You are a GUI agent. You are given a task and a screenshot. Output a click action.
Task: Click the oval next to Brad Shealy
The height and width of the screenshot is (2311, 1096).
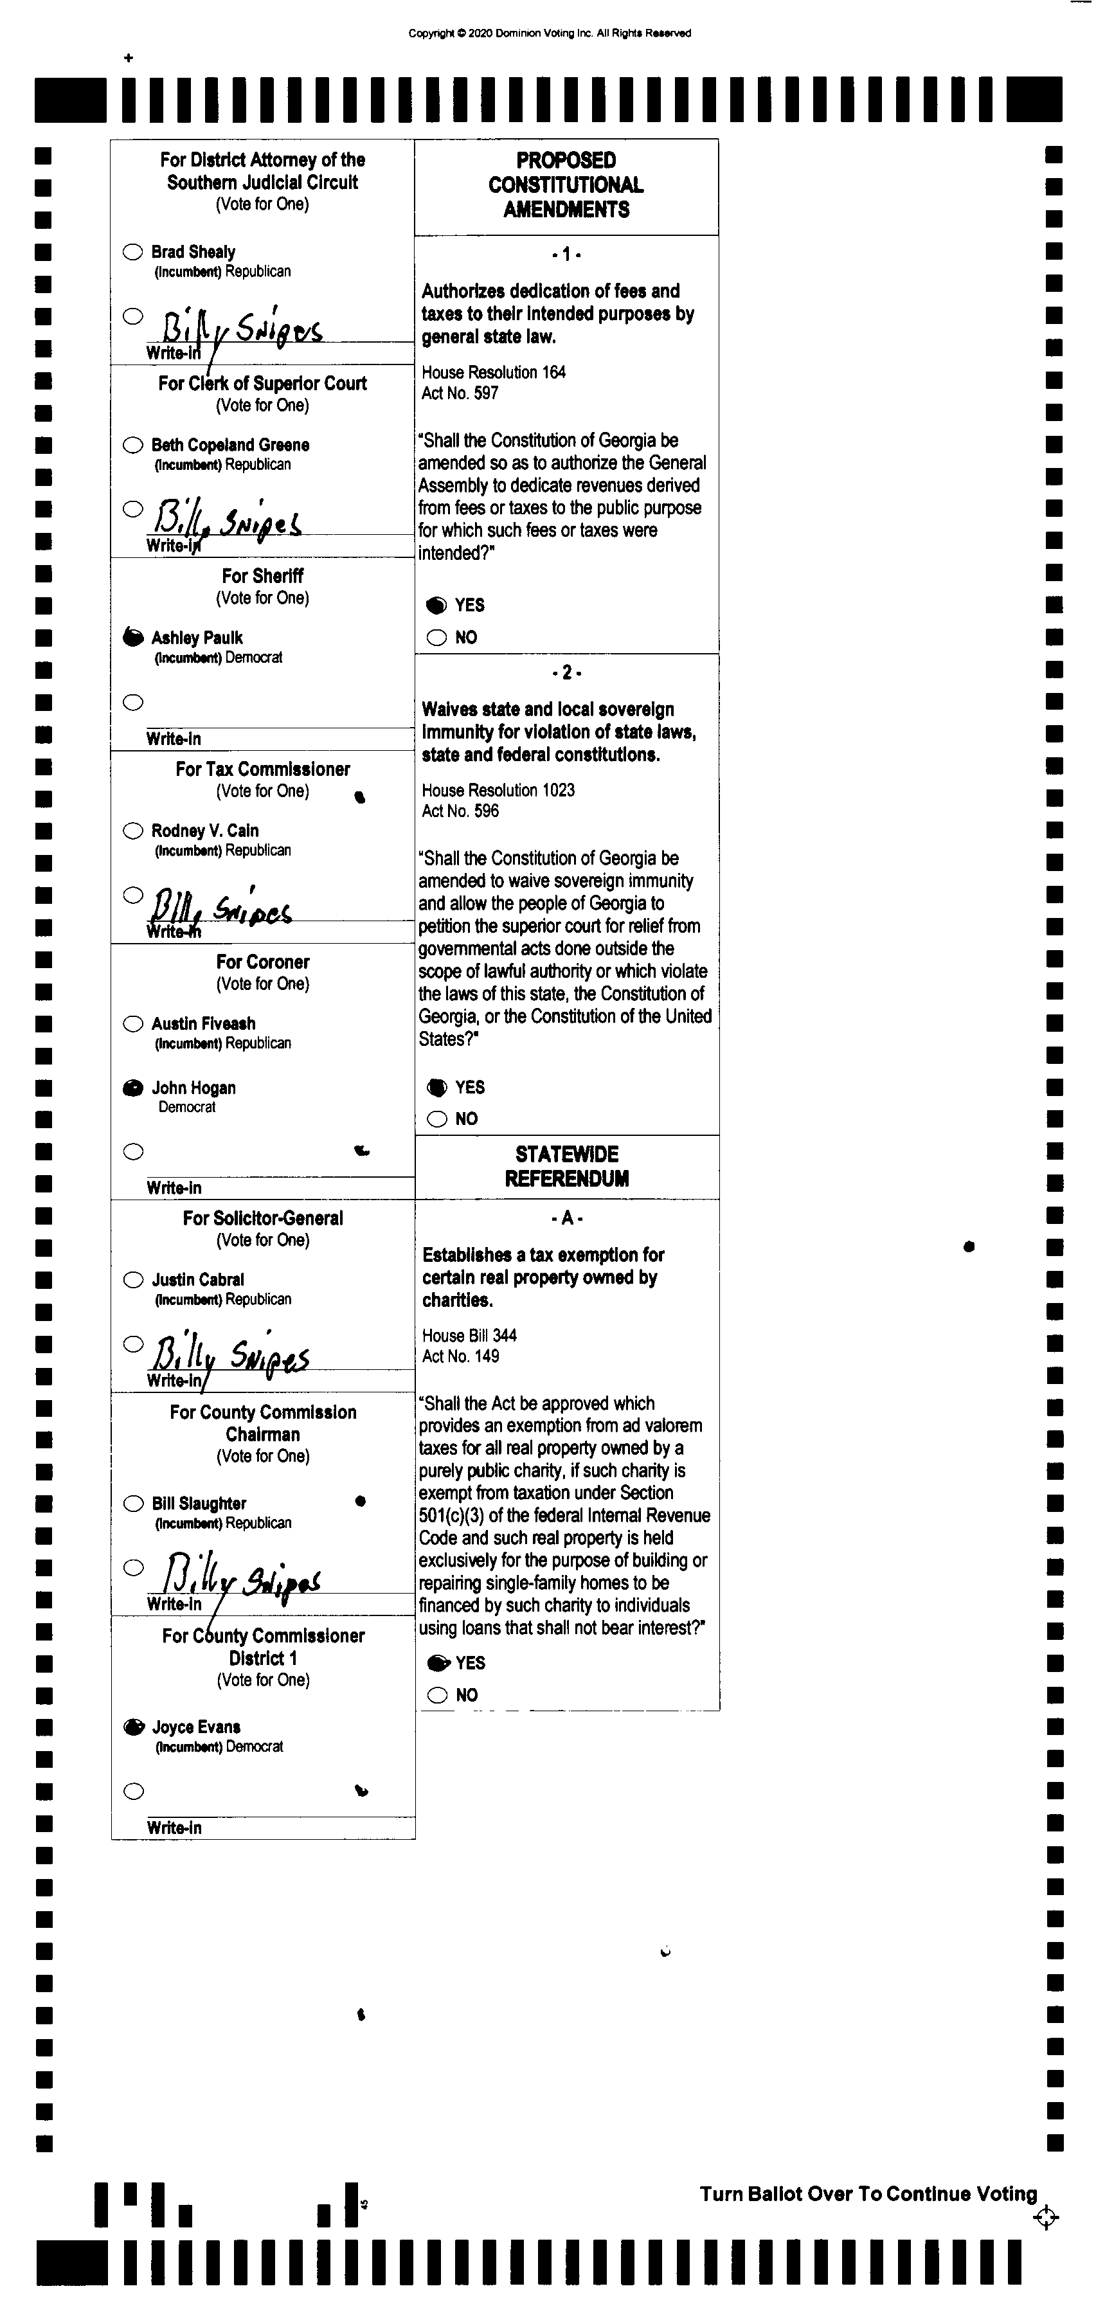[132, 252]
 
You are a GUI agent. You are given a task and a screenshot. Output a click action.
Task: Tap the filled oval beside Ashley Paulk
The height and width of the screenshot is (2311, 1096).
[132, 638]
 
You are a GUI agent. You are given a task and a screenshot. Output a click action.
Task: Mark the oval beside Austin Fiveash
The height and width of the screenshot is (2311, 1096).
[132, 1023]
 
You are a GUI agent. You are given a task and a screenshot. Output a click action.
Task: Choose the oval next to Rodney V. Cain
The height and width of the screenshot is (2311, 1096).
[132, 831]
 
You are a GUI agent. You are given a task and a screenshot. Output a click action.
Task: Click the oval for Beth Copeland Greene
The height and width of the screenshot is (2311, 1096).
[132, 445]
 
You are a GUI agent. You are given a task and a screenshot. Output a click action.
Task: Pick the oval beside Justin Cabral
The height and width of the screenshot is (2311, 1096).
[132, 1280]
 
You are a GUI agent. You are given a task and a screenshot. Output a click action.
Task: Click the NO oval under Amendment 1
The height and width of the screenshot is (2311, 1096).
[436, 638]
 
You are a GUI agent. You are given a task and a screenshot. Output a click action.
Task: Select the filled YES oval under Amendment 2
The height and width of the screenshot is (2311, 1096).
[436, 1087]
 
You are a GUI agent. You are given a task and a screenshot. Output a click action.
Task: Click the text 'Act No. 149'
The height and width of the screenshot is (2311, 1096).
[460, 1356]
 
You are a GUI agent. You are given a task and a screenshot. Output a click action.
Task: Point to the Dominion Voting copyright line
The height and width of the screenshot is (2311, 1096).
[549, 33]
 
